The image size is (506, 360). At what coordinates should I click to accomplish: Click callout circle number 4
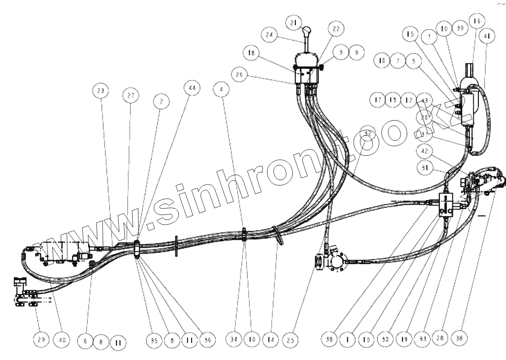point(221,89)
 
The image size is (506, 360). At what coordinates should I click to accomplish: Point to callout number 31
point(422,167)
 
